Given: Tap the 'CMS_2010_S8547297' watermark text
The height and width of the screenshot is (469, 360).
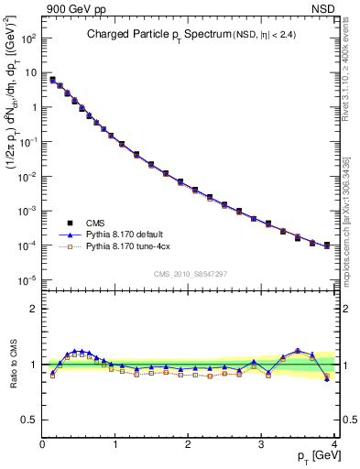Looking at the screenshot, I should tap(190, 274).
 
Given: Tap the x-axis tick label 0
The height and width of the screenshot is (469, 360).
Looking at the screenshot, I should tap(42, 445).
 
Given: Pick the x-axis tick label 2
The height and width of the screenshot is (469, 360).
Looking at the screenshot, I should tap(188, 445).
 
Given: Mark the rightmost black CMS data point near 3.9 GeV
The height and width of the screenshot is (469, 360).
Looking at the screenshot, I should tap(327, 245).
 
